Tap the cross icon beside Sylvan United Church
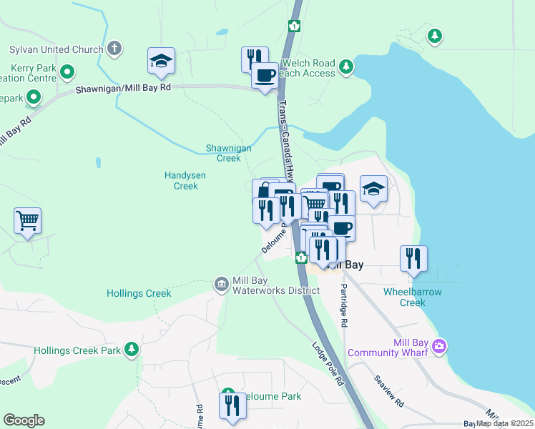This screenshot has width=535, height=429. pos(113,49)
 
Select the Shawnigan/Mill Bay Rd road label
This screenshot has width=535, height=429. pos(124,87)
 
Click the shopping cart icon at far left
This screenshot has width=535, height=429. pos(27,220)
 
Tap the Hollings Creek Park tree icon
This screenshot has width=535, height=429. pos(131,350)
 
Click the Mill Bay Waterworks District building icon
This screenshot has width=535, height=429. pos(221,285)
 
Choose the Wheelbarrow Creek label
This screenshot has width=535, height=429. pos(413,297)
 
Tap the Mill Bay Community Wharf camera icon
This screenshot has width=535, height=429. pos(439,347)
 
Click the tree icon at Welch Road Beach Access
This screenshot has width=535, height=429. pos(346,67)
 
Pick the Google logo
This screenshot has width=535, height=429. pos(24,420)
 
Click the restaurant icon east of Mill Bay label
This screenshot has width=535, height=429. pos(413,258)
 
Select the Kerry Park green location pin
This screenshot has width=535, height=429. pos(67,71)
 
